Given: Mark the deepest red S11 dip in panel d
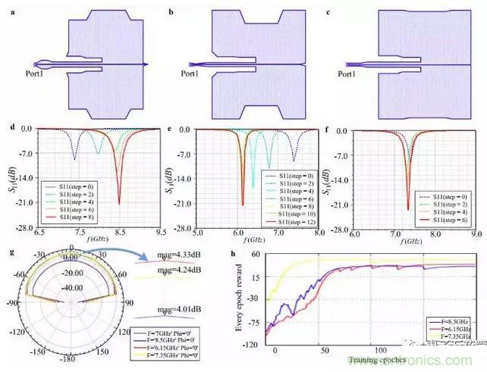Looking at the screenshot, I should click(119, 203).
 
